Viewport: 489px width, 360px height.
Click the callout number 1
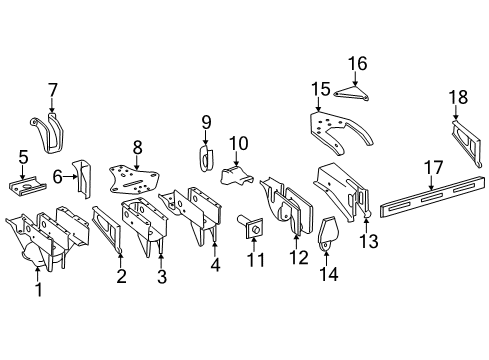pyautogui.click(x=38, y=290)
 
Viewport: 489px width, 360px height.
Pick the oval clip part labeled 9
pyautogui.click(x=207, y=160)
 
